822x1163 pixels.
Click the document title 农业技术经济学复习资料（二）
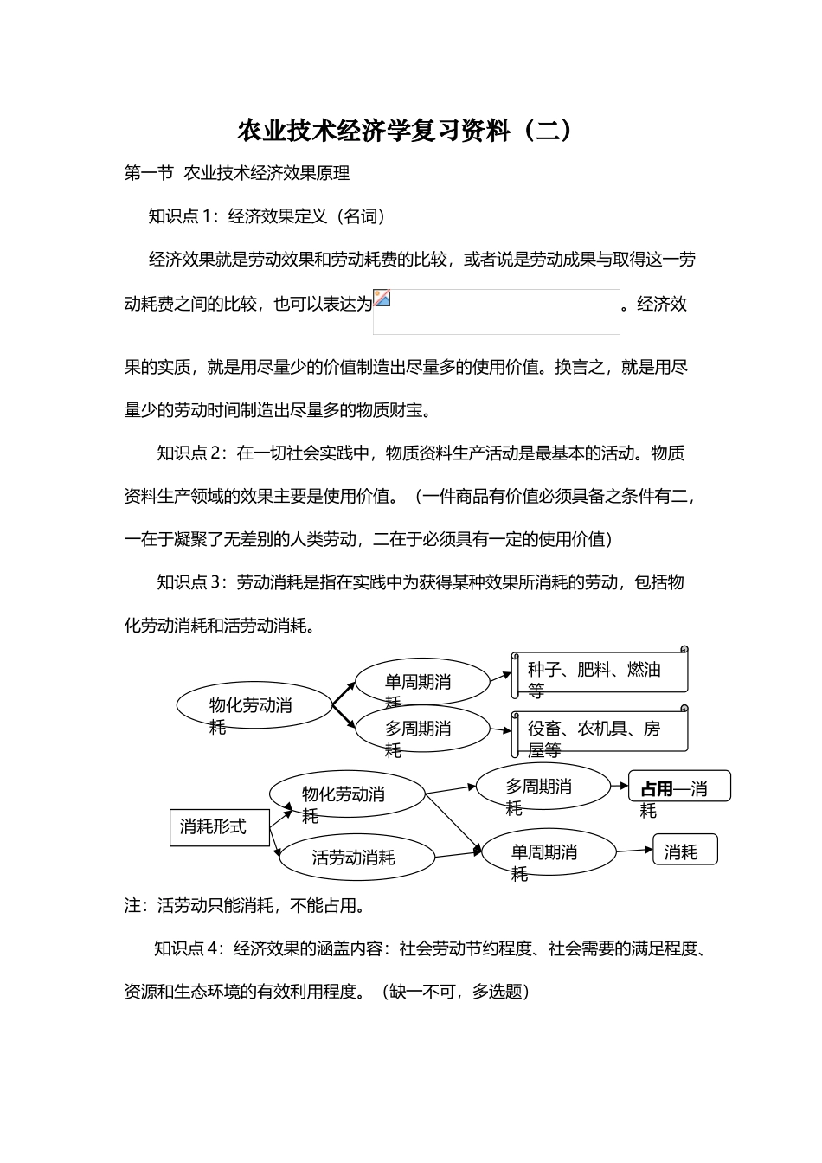405,132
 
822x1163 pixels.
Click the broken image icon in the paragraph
382,298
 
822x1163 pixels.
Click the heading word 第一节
149,173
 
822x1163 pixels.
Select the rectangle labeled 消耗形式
213,827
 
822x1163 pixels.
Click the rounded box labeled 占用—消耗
679,787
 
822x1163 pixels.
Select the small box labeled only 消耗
685,851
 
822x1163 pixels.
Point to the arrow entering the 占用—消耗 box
620,787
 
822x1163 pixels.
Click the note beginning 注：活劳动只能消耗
245,906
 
